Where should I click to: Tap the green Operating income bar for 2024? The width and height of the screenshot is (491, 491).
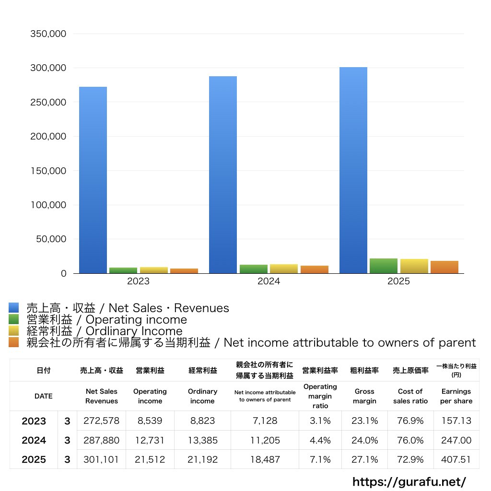(x=254, y=269)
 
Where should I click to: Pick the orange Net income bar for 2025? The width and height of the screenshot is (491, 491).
(x=444, y=267)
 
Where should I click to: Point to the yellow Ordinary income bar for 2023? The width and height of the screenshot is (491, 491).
(x=154, y=270)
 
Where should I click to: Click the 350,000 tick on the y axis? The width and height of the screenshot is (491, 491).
(x=48, y=34)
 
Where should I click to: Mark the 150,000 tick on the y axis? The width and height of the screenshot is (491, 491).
(x=48, y=171)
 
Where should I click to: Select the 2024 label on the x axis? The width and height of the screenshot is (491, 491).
(x=269, y=281)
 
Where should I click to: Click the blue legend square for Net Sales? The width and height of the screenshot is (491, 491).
(x=14, y=308)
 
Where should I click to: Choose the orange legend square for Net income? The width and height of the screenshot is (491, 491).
(x=14, y=342)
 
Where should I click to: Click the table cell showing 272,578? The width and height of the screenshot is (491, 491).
(x=101, y=421)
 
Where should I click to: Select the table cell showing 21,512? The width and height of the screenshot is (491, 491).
(x=150, y=459)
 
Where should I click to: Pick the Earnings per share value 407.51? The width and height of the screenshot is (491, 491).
(x=456, y=459)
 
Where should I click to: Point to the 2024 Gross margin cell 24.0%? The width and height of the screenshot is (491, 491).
(x=364, y=440)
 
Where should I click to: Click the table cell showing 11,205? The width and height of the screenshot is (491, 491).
(x=265, y=440)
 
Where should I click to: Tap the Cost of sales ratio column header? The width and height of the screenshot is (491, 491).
(x=410, y=396)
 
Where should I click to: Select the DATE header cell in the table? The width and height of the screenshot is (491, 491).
(x=43, y=396)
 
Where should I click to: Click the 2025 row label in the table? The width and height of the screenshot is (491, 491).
(x=34, y=459)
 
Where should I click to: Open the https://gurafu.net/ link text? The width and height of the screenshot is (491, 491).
(x=409, y=481)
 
